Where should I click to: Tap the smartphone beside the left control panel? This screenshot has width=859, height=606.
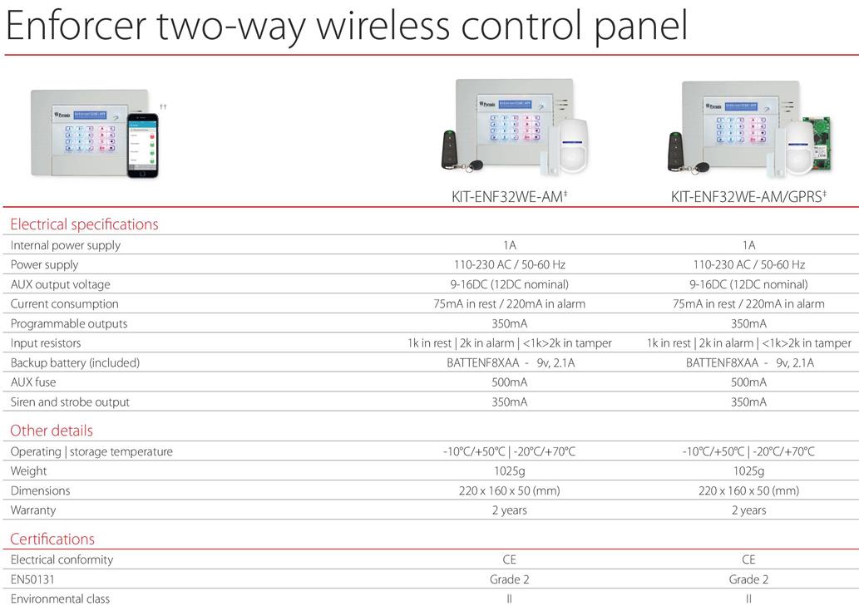(x=142, y=145)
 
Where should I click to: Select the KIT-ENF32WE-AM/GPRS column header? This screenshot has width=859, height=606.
(x=748, y=196)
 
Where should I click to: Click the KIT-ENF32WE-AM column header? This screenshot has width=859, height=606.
(x=509, y=196)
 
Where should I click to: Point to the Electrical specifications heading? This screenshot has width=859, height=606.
(x=84, y=224)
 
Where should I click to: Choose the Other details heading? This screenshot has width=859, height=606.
(x=52, y=431)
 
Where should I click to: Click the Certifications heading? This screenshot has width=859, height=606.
(x=52, y=539)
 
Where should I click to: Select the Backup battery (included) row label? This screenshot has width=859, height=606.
(x=75, y=363)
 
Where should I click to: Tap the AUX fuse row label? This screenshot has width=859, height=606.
(x=33, y=382)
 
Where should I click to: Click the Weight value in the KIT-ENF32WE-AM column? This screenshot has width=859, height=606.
(x=510, y=471)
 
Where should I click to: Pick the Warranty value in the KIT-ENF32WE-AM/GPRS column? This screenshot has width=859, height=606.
(x=749, y=510)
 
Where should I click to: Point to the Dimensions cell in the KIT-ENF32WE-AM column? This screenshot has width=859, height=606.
(x=510, y=490)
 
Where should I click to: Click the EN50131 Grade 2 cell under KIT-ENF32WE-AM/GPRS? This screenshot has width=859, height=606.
(x=748, y=579)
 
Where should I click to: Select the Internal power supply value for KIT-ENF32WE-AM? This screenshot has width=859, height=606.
(x=510, y=245)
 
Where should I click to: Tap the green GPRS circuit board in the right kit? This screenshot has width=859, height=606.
(x=817, y=144)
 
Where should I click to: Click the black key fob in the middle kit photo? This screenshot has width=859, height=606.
(x=449, y=149)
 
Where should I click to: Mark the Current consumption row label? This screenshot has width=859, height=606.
(x=64, y=303)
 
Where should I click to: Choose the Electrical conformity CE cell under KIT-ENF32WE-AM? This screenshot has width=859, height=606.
(x=510, y=559)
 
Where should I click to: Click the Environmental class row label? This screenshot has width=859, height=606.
(x=60, y=599)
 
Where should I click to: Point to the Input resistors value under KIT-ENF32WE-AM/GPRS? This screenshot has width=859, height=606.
(x=749, y=343)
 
